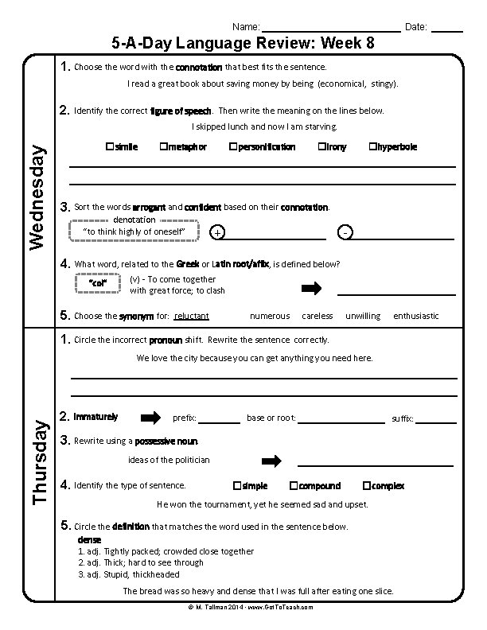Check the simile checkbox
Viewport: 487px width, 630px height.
(x=108, y=147)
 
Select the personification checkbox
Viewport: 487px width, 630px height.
(x=233, y=147)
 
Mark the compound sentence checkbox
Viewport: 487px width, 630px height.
(x=294, y=485)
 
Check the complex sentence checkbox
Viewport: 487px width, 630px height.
(x=366, y=485)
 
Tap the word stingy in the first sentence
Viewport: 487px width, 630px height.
(x=379, y=84)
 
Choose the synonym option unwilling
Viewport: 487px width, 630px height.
(x=363, y=316)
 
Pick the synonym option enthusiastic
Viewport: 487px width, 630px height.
(x=415, y=316)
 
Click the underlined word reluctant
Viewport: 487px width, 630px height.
(x=191, y=316)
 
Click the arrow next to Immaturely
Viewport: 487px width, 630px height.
(x=150, y=417)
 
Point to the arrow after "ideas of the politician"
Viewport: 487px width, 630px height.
(x=272, y=461)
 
